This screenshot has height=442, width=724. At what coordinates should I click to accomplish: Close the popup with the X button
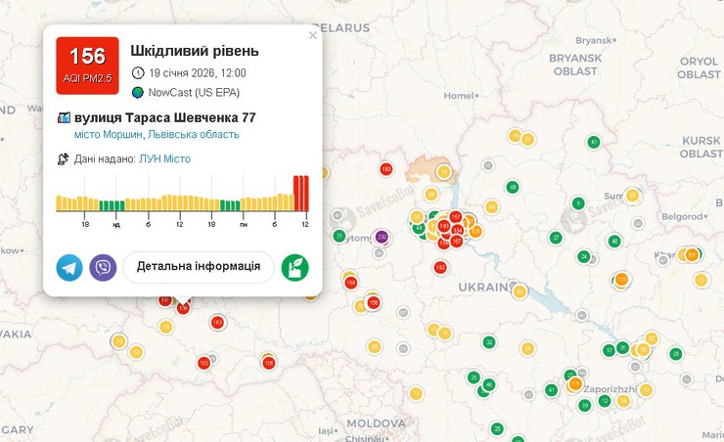(x=313, y=35)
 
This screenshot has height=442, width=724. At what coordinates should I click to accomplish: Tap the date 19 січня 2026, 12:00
(x=197, y=72)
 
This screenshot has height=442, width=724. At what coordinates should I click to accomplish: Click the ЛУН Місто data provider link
(x=164, y=158)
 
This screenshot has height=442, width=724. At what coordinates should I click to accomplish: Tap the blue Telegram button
(x=69, y=267)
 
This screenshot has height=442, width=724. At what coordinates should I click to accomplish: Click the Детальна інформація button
(x=199, y=266)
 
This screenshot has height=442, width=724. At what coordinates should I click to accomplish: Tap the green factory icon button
(x=294, y=267)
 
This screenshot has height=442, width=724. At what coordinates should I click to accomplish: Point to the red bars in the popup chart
(x=301, y=193)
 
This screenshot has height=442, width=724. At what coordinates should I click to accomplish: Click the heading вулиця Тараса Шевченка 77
(x=164, y=117)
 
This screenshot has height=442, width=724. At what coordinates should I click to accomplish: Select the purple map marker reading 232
(x=382, y=237)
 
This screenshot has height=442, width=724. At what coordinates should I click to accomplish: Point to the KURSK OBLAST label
(x=701, y=147)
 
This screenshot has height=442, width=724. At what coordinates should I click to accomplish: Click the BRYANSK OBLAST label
(x=573, y=65)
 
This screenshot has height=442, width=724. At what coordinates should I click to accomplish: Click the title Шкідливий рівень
(x=195, y=50)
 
